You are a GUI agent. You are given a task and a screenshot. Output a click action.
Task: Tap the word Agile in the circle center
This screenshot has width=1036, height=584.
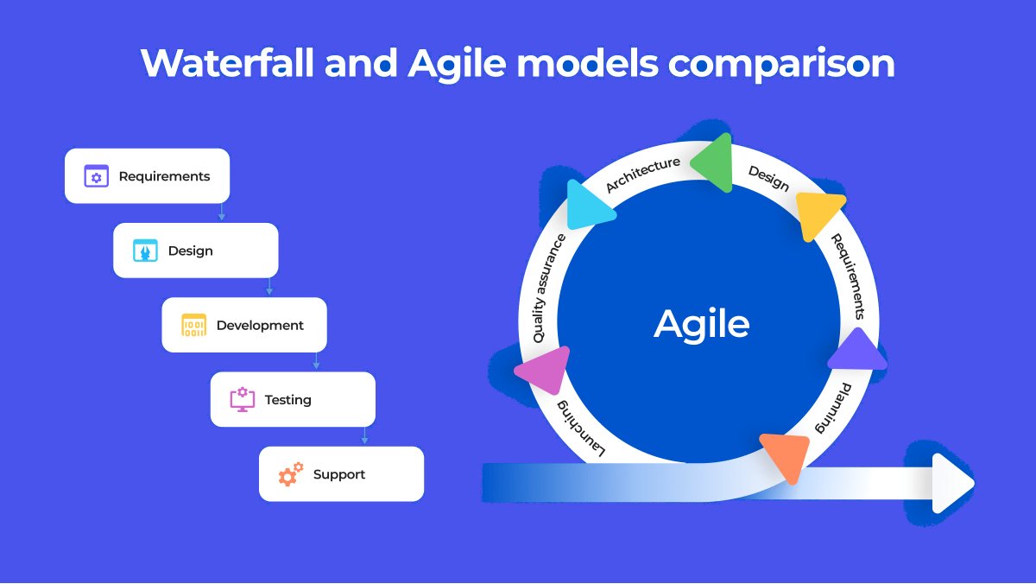(x=701, y=324)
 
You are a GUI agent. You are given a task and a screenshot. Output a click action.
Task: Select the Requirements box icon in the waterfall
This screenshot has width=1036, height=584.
(x=96, y=176)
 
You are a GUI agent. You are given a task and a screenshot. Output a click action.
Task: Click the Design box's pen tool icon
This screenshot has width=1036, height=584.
(x=144, y=251)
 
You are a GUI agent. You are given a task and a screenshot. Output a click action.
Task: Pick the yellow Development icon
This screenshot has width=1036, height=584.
(x=193, y=326)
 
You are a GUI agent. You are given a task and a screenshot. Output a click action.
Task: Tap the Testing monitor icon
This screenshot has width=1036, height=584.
(x=242, y=400)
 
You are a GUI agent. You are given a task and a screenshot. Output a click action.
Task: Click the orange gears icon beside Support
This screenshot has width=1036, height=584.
(x=291, y=474)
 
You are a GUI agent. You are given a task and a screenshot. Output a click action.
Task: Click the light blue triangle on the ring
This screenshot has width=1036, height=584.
(x=589, y=205)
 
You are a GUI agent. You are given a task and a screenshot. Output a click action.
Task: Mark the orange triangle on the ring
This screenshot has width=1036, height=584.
(x=786, y=455)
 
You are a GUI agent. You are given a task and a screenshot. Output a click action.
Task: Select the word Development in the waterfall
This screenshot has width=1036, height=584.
(x=260, y=326)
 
